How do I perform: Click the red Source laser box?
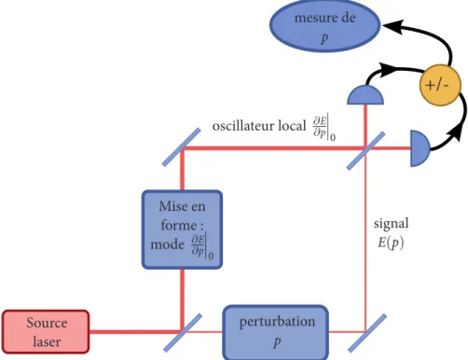[46, 332]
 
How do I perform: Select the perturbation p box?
[276, 333]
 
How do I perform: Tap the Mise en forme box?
[182, 229]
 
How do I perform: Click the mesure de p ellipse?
[325, 26]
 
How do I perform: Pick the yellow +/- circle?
[439, 85]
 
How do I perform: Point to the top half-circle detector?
[365, 95]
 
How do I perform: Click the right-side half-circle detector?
[420, 148]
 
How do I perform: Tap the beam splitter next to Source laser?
[183, 333]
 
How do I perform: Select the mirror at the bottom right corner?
[366, 333]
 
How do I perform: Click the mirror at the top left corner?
[182, 147]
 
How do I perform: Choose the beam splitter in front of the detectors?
[365, 151]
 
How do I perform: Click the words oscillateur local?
[259, 126]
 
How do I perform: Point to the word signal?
[391, 224]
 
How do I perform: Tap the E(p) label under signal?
[391, 242]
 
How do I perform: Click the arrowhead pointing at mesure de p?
[392, 25]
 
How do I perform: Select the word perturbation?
[277, 322]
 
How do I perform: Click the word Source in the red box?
[47, 323]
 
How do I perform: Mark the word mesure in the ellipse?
[313, 18]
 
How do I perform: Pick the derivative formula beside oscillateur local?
[324, 128]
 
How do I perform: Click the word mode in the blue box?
[167, 244]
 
